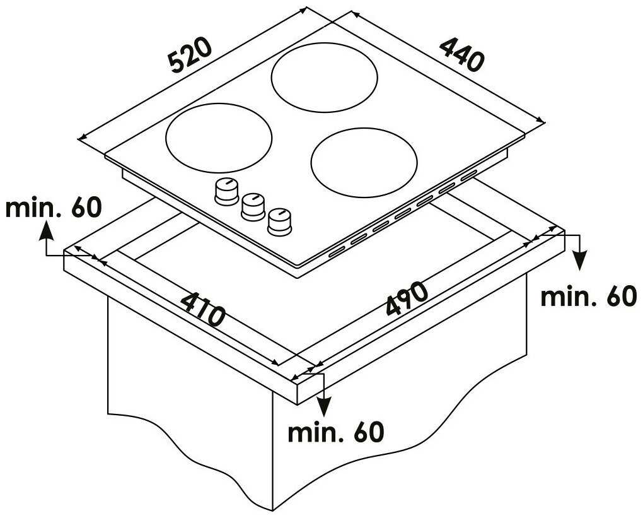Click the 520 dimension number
191,56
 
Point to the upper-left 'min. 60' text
53,208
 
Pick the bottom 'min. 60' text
336,432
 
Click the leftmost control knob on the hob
226,191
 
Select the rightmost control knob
280,222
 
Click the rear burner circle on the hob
324,77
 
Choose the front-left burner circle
219,138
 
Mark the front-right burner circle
364,163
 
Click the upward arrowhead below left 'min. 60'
47,231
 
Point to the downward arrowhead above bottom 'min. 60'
325,407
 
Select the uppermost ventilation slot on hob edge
468,175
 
